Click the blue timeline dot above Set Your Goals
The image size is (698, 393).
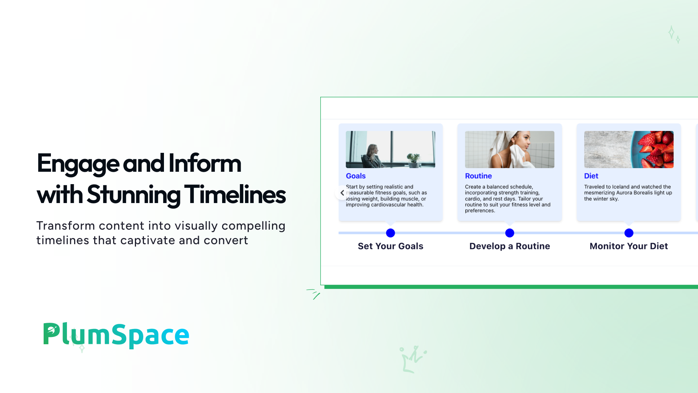click(390, 233)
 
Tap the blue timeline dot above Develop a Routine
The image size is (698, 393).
click(510, 233)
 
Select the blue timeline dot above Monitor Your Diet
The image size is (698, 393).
click(629, 233)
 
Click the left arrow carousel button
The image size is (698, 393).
click(342, 193)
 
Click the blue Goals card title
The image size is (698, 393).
click(356, 176)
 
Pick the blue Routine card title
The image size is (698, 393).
click(478, 176)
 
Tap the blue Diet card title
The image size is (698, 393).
click(591, 176)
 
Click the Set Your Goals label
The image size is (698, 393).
click(390, 246)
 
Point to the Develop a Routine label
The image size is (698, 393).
click(510, 246)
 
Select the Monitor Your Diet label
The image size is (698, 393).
click(629, 246)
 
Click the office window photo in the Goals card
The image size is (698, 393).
click(390, 150)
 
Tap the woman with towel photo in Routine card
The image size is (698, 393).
click(510, 150)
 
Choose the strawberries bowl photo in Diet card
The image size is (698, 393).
click(629, 150)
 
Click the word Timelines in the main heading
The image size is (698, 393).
click(235, 195)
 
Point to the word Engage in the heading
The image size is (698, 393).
click(78, 164)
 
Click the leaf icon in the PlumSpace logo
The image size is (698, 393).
click(52, 330)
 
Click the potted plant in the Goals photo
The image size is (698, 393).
click(413, 159)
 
